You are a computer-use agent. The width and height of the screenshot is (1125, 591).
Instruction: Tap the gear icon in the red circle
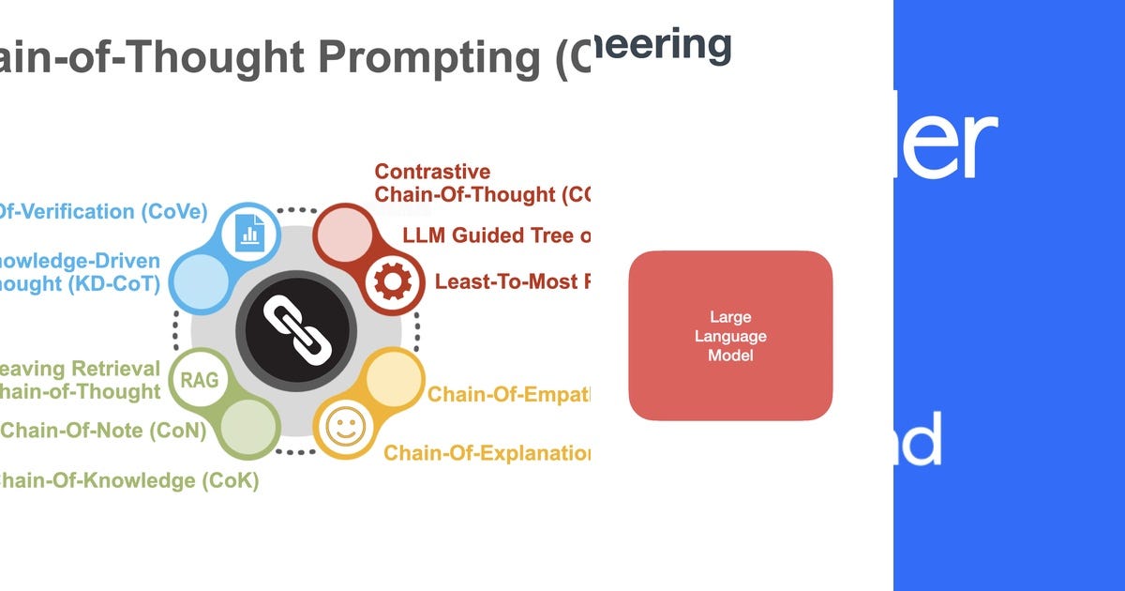click(387, 280)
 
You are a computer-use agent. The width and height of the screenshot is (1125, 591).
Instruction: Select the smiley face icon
click(345, 429)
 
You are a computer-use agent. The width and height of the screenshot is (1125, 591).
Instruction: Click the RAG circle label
click(199, 381)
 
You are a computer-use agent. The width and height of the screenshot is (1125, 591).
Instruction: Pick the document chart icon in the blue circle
click(249, 229)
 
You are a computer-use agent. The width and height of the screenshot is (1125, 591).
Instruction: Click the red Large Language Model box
click(730, 335)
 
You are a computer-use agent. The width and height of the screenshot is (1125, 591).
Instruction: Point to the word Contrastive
click(432, 172)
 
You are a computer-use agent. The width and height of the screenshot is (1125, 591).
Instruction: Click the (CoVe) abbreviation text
click(173, 212)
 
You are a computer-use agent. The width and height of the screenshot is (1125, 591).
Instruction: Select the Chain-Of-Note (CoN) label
click(103, 431)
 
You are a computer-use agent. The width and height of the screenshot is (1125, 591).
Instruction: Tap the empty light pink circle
click(342, 235)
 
